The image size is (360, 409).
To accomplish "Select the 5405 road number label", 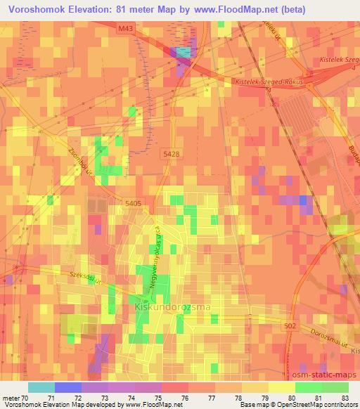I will (x=132, y=204).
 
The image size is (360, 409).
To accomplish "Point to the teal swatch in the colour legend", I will (x=41, y=387).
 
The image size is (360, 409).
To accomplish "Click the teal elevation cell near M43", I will (x=182, y=52).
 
